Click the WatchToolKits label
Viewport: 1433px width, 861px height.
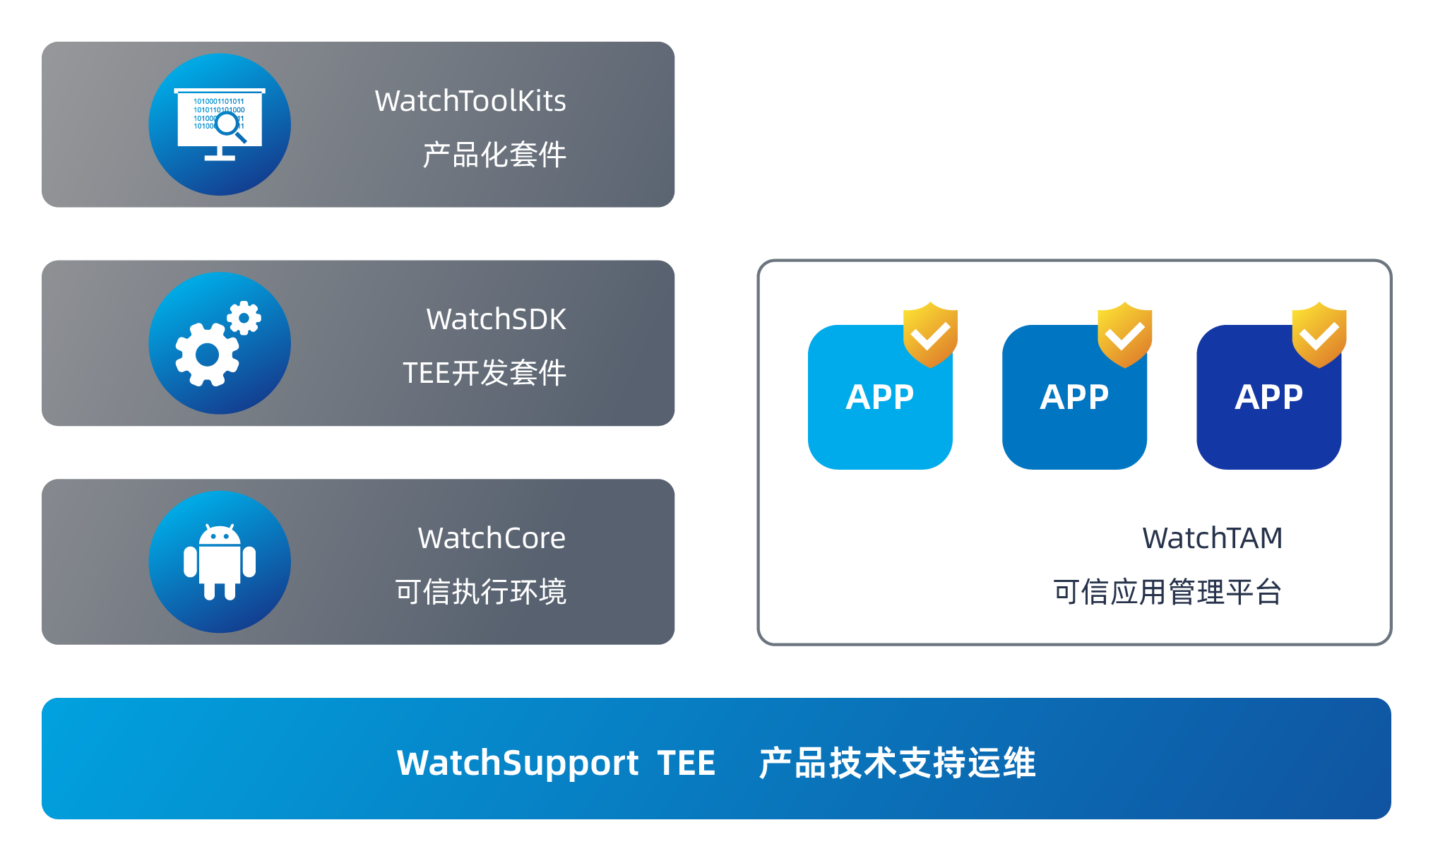(x=470, y=101)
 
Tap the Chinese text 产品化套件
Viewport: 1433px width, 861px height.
(x=494, y=155)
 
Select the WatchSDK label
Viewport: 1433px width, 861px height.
(x=496, y=319)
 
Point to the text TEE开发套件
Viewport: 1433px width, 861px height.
(x=484, y=373)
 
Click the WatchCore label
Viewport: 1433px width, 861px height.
(x=492, y=538)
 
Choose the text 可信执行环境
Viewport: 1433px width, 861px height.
(x=481, y=592)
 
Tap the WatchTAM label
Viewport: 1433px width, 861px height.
(x=1212, y=538)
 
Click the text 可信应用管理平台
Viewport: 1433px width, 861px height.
(x=1167, y=592)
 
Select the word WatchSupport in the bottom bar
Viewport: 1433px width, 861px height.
(x=518, y=763)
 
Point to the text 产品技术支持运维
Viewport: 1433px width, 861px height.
(x=897, y=763)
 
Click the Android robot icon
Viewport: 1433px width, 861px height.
(x=220, y=562)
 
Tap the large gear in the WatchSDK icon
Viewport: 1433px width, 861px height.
(x=207, y=355)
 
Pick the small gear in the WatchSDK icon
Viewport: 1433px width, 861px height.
(x=244, y=318)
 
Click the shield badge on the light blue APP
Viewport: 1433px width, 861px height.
(x=930, y=334)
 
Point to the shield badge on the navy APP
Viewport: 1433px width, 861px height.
(x=1319, y=334)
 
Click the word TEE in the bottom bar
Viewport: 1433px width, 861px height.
(x=686, y=763)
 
